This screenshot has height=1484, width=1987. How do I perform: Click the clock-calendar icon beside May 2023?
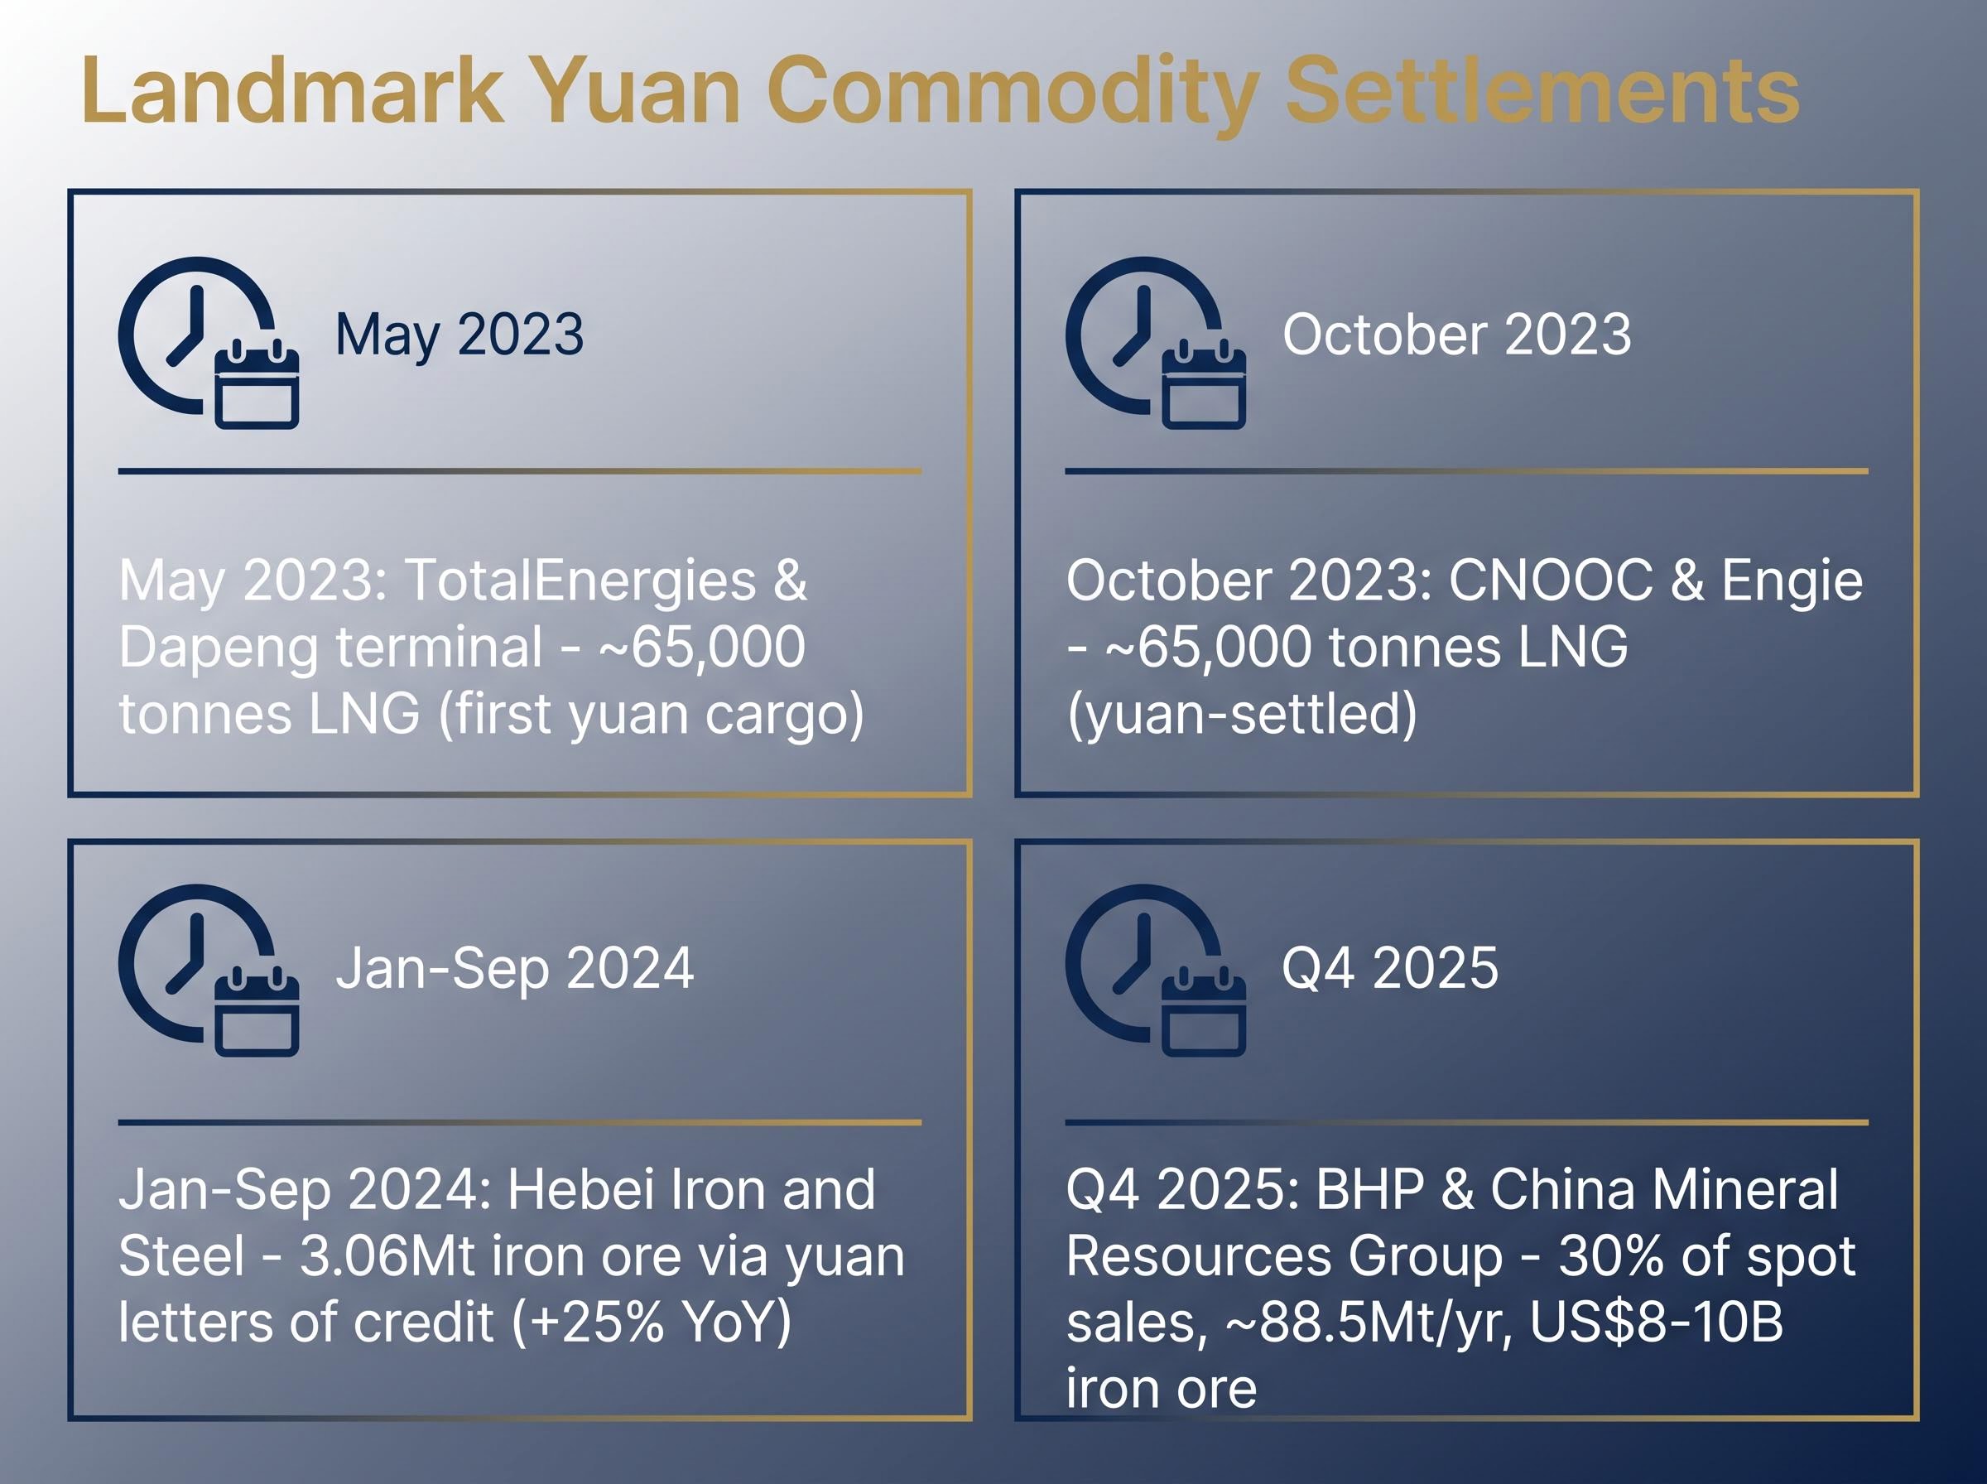pos(209,342)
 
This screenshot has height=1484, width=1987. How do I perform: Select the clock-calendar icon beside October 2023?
pos(1157,342)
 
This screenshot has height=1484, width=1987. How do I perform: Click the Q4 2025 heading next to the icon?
pos(1390,968)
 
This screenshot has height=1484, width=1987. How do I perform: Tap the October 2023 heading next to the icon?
pos(1456,335)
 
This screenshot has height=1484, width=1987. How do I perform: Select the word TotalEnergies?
pos(581,580)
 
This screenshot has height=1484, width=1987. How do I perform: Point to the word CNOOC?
pos(1551,580)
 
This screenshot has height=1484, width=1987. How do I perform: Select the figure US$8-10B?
pos(1657,1323)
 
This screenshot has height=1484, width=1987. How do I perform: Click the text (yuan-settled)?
pos(1242,715)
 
